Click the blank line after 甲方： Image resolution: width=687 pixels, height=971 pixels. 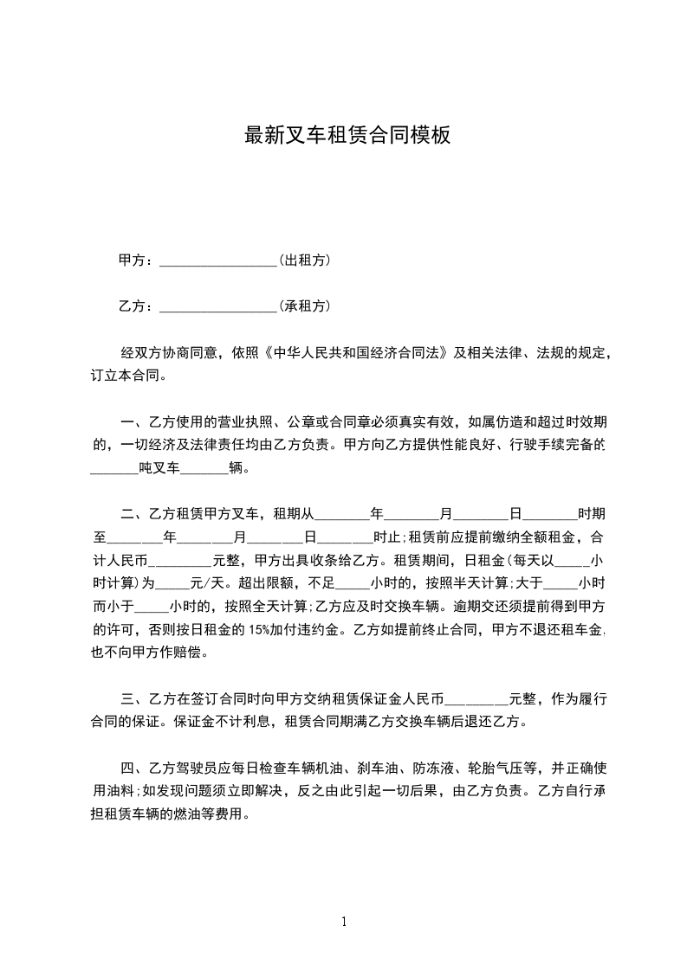click(x=217, y=260)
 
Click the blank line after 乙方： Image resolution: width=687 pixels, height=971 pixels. click(x=217, y=306)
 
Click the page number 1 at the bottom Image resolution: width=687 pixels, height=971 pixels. click(x=344, y=921)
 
